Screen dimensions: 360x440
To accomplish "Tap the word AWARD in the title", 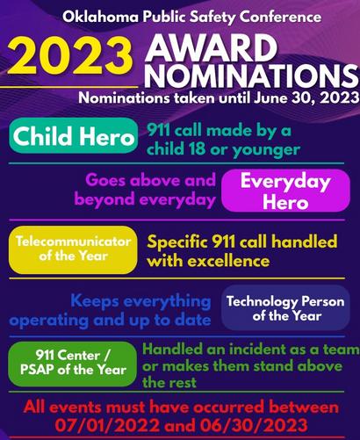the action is (x=211, y=47).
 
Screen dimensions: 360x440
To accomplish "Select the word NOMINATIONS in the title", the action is (x=252, y=76).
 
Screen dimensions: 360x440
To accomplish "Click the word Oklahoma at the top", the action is (x=100, y=17).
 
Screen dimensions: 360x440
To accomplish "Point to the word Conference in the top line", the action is (x=280, y=17).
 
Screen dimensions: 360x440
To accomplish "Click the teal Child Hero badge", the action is (x=73, y=136).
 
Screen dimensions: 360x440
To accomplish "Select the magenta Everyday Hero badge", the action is (x=285, y=191).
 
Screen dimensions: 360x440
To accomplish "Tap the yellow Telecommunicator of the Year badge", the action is (x=73, y=249).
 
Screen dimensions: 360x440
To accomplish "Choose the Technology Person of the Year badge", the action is (x=285, y=308).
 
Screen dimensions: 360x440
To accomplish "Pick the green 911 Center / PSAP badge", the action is (x=73, y=364).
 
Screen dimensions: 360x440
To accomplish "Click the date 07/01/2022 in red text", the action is (x=107, y=425).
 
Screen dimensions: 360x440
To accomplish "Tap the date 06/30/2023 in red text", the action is (x=255, y=425).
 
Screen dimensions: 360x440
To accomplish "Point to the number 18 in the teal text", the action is (x=197, y=148).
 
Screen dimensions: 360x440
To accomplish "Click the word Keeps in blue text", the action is (x=95, y=301).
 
